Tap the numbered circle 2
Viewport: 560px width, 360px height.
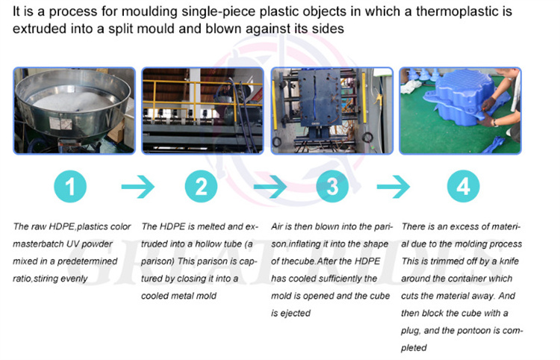pyautogui.click(x=201, y=187)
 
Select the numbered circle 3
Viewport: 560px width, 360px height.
pyautogui.click(x=332, y=187)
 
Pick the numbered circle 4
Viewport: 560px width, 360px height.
pyautogui.click(x=462, y=187)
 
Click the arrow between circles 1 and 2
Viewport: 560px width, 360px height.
pyautogui.click(x=136, y=187)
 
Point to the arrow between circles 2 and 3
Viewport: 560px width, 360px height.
pyautogui.click(x=267, y=187)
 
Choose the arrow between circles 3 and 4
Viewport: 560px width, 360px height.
pyautogui.click(x=397, y=187)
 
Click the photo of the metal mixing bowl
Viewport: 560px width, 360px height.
pyautogui.click(x=73, y=111)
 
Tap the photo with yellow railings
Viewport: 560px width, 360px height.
pyautogui.click(x=202, y=111)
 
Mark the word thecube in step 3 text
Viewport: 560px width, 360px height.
pyautogui.click(x=291, y=261)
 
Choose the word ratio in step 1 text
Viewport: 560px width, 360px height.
pyautogui.click(x=25, y=279)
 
